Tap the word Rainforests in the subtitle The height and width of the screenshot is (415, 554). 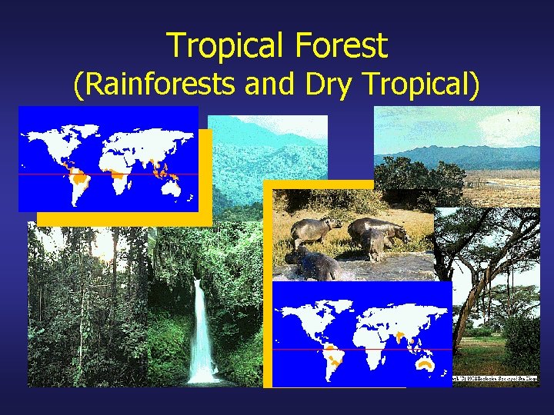(x=158, y=85)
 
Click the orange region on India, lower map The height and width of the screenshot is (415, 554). (x=401, y=335)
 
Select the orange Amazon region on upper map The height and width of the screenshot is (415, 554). (x=78, y=181)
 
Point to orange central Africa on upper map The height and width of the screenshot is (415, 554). (x=118, y=175)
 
